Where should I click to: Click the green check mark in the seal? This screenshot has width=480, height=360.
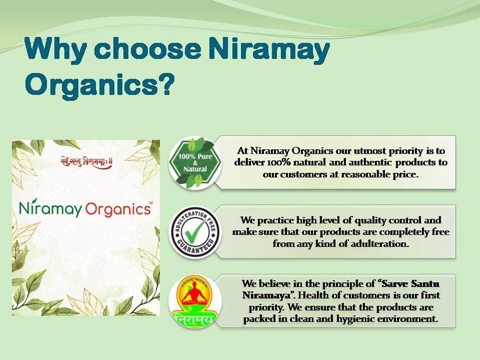pyautogui.click(x=195, y=232)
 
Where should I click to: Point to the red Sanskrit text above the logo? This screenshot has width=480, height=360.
pyautogui.click(x=86, y=162)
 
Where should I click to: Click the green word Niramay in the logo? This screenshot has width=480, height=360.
pyautogui.click(x=50, y=209)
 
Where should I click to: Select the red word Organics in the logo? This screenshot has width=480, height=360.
pyautogui.click(x=117, y=209)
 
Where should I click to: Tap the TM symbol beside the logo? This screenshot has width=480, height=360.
pyautogui.click(x=151, y=204)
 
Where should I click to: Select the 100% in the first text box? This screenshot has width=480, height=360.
pyautogui.click(x=274, y=162)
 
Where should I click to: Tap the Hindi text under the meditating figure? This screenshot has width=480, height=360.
pyautogui.click(x=194, y=321)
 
